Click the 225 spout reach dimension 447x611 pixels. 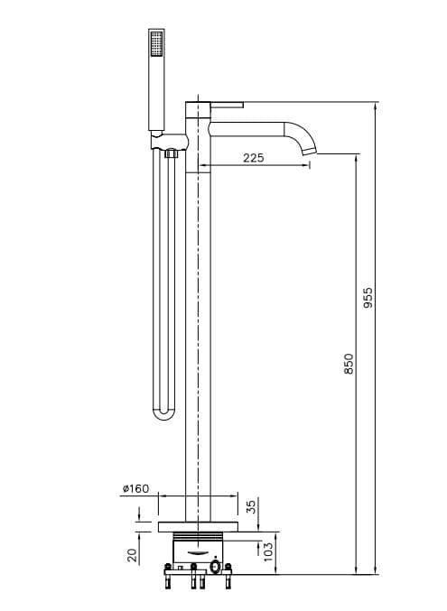(x=254, y=158)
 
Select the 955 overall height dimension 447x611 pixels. (x=368, y=298)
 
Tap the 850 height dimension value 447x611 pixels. (x=349, y=364)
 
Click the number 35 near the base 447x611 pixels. (x=252, y=507)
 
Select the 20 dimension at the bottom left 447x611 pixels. (x=132, y=555)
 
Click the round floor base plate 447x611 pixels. (x=198, y=526)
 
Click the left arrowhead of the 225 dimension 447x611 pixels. (x=200, y=166)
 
